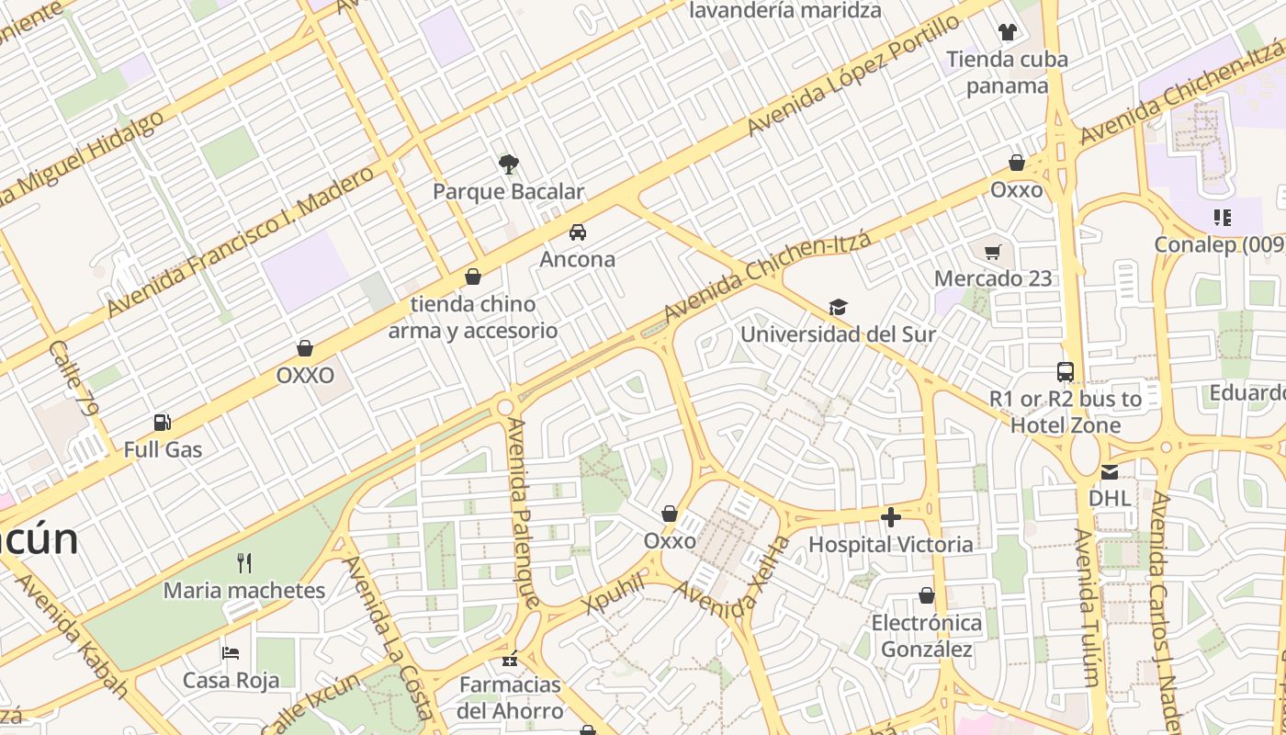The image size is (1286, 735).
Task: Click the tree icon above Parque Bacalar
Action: pyautogui.click(x=508, y=164)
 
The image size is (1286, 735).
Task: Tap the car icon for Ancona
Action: pyautogui.click(x=577, y=232)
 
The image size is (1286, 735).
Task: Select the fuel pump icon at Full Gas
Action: pyautogui.click(x=163, y=423)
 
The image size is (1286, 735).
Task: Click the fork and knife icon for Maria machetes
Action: pyautogui.click(x=243, y=562)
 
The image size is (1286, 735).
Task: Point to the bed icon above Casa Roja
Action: pyautogui.click(x=231, y=653)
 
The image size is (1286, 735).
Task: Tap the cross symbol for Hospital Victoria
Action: pyautogui.click(x=890, y=517)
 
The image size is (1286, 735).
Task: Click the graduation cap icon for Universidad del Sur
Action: pyautogui.click(x=838, y=307)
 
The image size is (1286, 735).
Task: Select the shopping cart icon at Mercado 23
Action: pyautogui.click(x=992, y=252)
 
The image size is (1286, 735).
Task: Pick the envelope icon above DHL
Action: pyautogui.click(x=1110, y=472)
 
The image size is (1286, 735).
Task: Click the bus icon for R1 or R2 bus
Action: pyautogui.click(x=1066, y=372)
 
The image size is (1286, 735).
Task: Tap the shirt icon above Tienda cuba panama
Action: pyautogui.click(x=1008, y=32)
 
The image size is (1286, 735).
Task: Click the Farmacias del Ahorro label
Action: pyautogui.click(x=510, y=697)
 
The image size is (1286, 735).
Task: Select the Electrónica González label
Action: pyautogui.click(x=926, y=636)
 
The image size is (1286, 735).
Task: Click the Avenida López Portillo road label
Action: pyautogui.click(x=853, y=75)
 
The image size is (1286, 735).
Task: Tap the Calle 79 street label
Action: pyautogui.click(x=73, y=378)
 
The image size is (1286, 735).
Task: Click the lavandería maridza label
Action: pyautogui.click(x=784, y=11)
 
